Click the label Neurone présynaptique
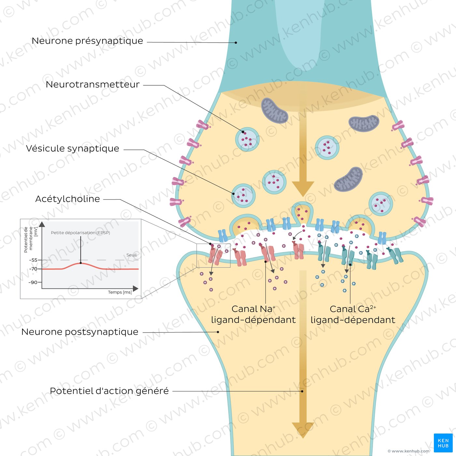pos(87,41)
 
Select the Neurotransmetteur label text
pos(93,84)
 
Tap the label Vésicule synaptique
pos(72,149)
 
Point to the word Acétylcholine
pos(67,199)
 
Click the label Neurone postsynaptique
pos(80,332)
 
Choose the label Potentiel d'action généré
pos(109,391)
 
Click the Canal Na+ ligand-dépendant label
pos(253,315)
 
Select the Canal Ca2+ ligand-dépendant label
pos(353,315)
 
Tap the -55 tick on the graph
pos(33,260)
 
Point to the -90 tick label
pos(33,282)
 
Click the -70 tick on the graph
pos(33,269)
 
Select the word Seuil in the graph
pos(131,255)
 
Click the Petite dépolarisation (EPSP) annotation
pos(80,233)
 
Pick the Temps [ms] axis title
pos(120,292)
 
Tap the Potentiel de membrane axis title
pos(31,239)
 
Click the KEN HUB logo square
pos(443,443)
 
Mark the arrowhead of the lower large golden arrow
pos(303,430)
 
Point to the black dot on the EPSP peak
pos(81,263)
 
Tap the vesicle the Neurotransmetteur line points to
pos(247,139)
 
